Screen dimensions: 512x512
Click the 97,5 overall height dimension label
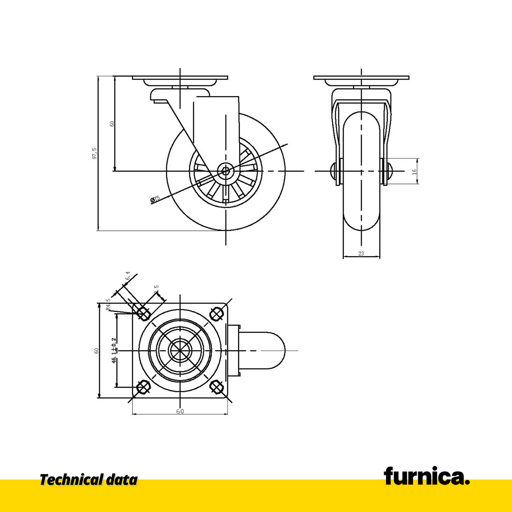94,153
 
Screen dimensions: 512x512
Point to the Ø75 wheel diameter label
155,199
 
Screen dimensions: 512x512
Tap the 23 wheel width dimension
361,253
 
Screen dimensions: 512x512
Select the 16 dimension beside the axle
414,171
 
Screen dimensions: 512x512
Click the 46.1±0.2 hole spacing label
114,350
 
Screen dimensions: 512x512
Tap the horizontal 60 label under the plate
180,411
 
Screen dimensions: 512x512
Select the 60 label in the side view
112,124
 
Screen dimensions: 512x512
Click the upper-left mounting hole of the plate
143,313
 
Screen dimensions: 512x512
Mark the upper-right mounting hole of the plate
216,313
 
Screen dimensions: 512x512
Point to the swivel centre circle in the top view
180,350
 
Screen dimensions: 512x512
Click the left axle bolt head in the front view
333,171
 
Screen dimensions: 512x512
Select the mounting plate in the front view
361,78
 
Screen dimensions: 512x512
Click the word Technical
71,480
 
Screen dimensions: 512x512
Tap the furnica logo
427,476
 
